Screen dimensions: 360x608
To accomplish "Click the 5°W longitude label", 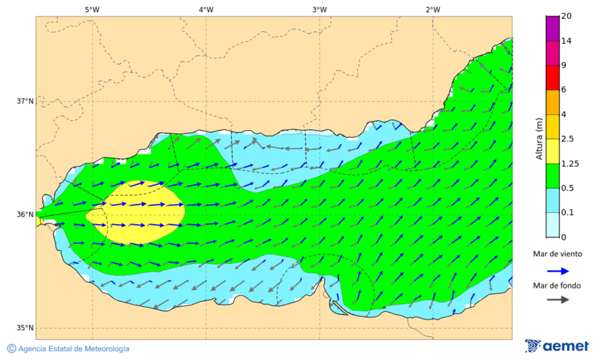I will click(x=92, y=9).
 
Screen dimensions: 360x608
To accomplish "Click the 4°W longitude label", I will click(x=206, y=9).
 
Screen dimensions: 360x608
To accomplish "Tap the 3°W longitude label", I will click(x=320, y=9).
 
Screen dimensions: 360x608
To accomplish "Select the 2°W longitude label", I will click(x=433, y=9).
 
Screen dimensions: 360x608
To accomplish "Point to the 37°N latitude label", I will click(x=25, y=101).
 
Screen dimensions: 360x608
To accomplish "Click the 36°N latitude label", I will click(x=25, y=215).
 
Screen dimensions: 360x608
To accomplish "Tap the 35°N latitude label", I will click(x=25, y=328).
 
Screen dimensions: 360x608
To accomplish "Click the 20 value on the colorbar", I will click(x=567, y=17).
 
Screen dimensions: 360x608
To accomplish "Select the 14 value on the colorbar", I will click(x=567, y=41).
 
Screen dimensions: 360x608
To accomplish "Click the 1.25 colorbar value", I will click(x=570, y=163).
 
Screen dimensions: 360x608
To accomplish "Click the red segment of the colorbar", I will click(x=553, y=78).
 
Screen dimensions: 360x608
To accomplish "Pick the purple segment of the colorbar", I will click(x=553, y=28).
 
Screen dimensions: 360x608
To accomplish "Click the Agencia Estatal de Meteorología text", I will click(x=74, y=349).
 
